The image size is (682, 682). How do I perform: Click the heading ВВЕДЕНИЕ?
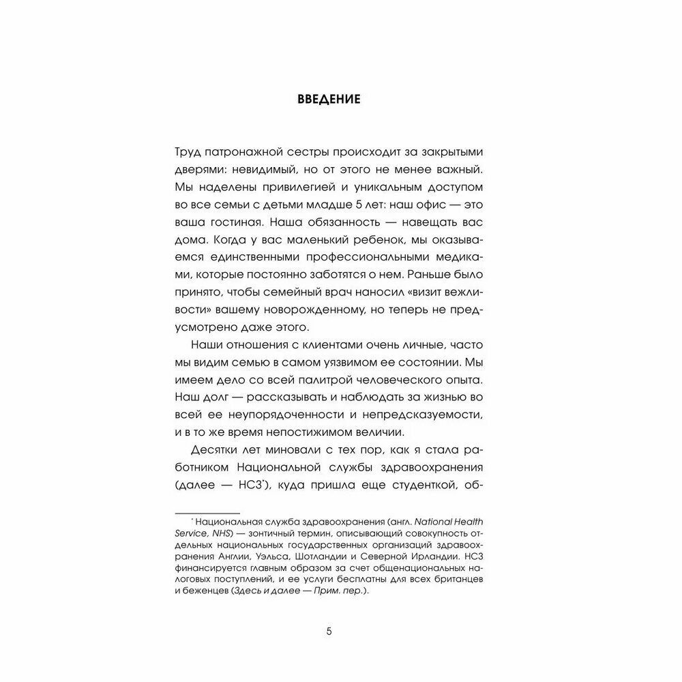329,100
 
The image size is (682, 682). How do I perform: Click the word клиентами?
362,345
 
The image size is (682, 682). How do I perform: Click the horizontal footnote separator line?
208,512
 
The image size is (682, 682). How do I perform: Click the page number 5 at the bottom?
329,631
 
